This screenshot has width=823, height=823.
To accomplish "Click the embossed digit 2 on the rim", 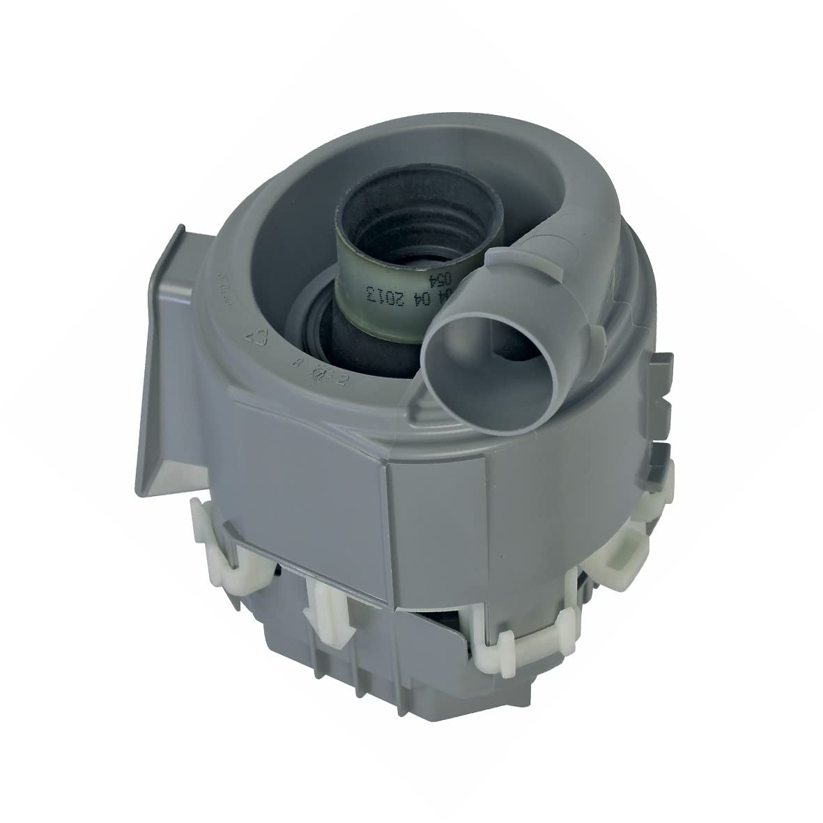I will (342, 379).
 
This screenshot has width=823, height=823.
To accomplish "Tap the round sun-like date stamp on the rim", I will (323, 372).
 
